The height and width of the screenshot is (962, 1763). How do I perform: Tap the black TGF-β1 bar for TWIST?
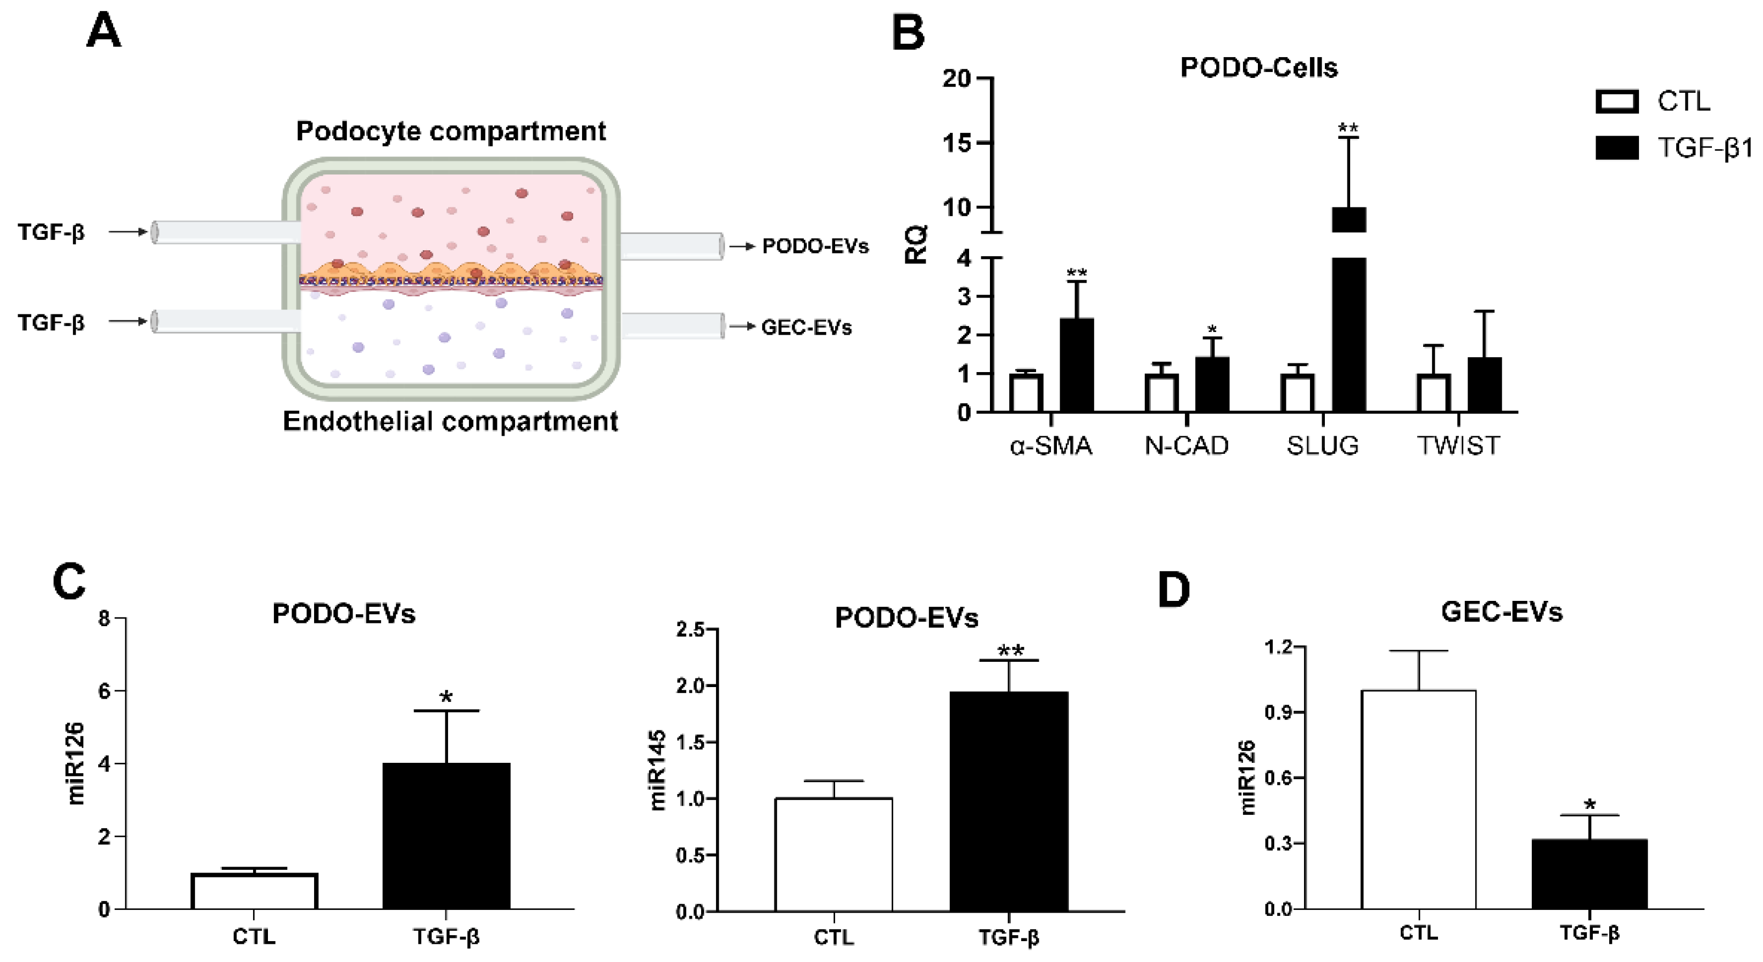(1485, 385)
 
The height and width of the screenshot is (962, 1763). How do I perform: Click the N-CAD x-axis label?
(1186, 446)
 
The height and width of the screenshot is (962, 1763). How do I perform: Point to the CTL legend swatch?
(1616, 102)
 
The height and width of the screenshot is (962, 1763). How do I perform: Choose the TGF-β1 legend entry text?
(1704, 148)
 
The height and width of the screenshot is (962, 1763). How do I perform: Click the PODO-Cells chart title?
(1258, 67)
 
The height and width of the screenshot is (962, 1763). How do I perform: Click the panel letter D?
(1174, 590)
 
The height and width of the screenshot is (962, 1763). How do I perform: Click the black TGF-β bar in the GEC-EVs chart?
(1589, 874)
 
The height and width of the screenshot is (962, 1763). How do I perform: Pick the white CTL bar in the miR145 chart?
(833, 854)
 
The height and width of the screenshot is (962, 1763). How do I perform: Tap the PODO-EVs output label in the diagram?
(815, 246)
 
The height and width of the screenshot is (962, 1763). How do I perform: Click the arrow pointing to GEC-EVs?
(742, 327)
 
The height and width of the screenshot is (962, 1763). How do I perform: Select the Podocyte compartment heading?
(450, 131)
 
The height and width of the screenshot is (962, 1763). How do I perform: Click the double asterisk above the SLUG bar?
(1348, 128)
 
